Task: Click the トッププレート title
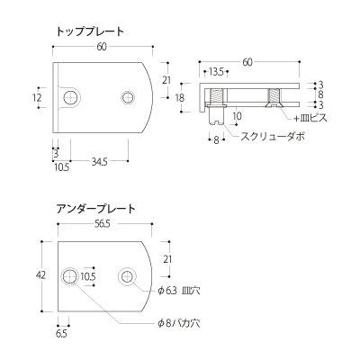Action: click(x=90, y=31)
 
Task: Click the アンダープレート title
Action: click(x=96, y=209)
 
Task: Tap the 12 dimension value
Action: click(x=37, y=97)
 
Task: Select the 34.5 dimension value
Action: click(x=99, y=162)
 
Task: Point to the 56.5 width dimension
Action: click(x=103, y=224)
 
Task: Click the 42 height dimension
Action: click(x=40, y=274)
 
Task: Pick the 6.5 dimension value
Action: click(x=61, y=333)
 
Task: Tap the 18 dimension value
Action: click(x=180, y=97)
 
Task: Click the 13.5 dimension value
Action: click(x=216, y=72)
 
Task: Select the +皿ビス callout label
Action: click(x=310, y=118)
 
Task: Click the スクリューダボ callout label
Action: click(x=273, y=137)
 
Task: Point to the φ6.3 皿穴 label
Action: click(x=179, y=291)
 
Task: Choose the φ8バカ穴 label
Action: click(x=179, y=323)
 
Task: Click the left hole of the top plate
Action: click(x=71, y=97)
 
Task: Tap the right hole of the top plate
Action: click(x=128, y=97)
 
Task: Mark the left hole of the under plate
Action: click(x=69, y=275)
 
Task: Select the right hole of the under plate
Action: click(x=127, y=275)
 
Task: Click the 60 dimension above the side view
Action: click(x=247, y=62)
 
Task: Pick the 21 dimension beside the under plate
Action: click(x=167, y=259)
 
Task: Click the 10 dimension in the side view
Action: click(x=237, y=116)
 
